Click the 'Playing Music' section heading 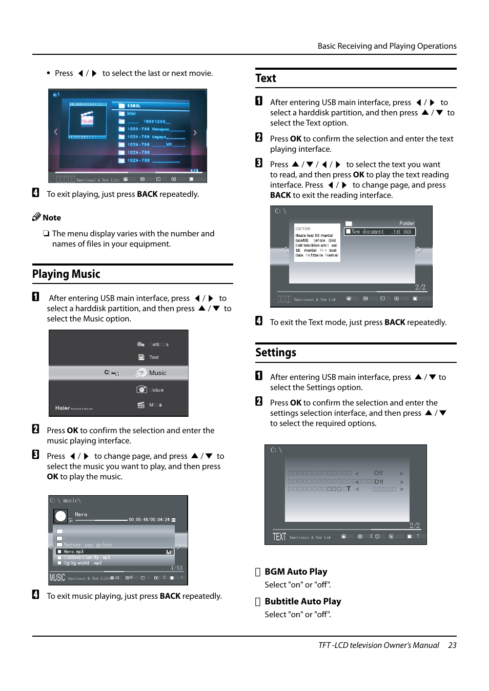pos(66,274)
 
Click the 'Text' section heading pos(266,78)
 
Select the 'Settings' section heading pos(276,353)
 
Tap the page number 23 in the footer pos(452,645)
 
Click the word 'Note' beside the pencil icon pos(52,218)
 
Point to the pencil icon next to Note pos(36,217)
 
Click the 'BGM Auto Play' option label pos(296,572)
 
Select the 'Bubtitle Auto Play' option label pos(302,601)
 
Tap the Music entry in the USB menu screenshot pos(157,373)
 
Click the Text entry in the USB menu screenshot pos(154,357)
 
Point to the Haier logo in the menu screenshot pos(63,408)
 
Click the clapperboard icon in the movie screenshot pos(87,119)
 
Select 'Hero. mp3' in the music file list pos(73,552)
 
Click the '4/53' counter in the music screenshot pos(176,568)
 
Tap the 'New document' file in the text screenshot pos(368,232)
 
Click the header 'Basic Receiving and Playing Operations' pos(386,46)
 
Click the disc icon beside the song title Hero pos(60,516)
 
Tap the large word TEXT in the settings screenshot pos(279,537)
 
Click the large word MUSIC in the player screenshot pos(57,578)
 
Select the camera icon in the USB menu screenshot pos(141,390)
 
